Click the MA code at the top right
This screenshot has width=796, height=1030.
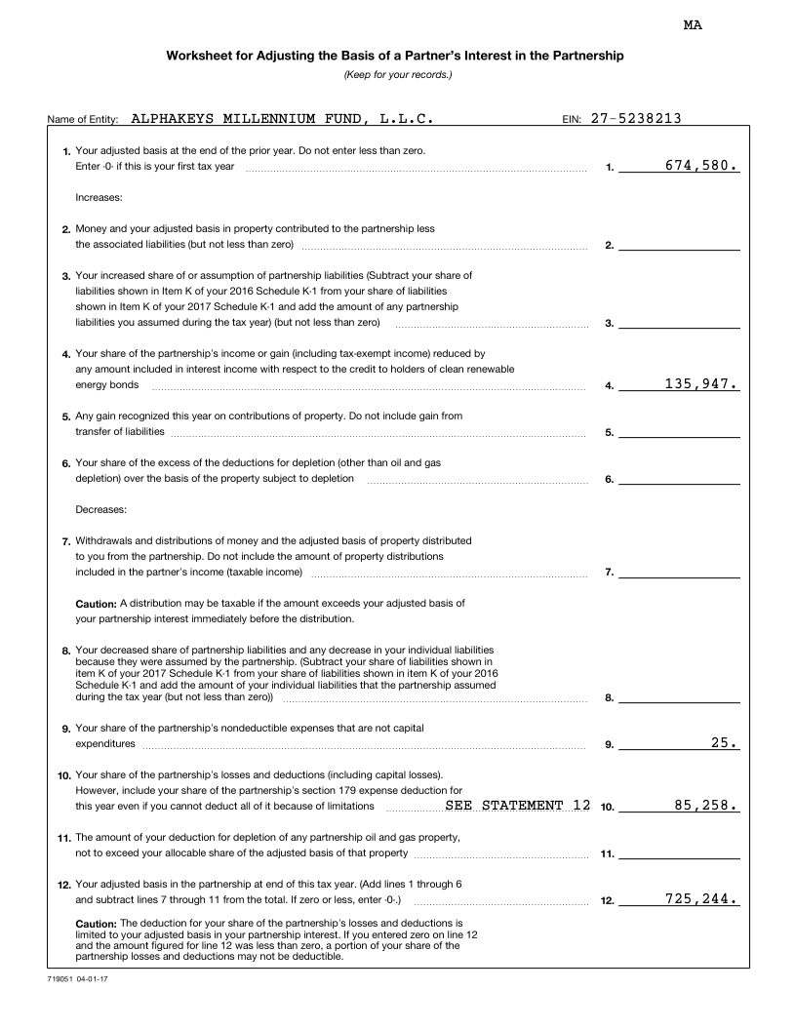tap(693, 25)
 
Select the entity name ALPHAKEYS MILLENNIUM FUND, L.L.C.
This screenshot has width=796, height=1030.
tap(282, 119)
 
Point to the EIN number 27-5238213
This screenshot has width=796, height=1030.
tap(636, 119)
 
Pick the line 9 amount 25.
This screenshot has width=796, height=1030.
tap(725, 742)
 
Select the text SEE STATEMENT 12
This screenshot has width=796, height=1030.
tap(517, 806)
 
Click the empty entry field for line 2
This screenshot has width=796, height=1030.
tap(679, 244)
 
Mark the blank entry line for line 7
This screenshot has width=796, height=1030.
tap(679, 572)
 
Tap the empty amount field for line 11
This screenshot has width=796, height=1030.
tap(679, 853)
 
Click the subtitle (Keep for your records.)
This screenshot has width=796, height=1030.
tap(398, 75)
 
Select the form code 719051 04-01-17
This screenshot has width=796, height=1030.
tap(76, 977)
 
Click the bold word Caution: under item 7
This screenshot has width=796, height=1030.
tap(97, 603)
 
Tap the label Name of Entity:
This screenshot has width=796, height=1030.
tap(83, 120)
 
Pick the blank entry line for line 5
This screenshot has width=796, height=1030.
tap(679, 431)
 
